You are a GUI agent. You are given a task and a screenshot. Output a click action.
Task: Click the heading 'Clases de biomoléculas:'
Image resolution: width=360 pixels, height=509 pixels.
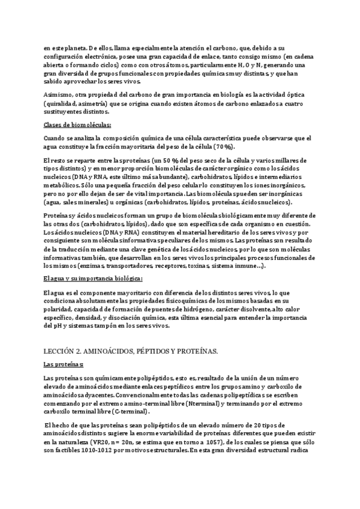(77, 125)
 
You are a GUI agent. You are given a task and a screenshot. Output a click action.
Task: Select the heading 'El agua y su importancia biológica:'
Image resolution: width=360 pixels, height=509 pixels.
(93, 279)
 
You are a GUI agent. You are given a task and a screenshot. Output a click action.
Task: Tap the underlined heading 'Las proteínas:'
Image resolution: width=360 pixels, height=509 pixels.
(64, 364)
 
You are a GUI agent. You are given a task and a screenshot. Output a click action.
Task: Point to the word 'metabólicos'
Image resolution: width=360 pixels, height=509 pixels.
(62, 185)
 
